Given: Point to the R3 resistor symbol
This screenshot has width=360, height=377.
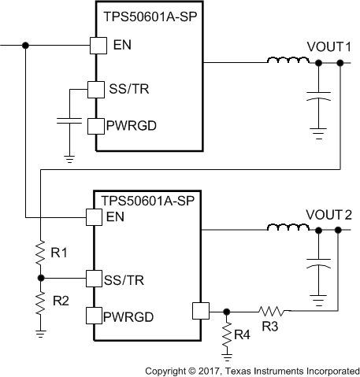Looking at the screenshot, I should pos(271,310).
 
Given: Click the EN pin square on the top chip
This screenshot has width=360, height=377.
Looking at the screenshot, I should pos(96,46).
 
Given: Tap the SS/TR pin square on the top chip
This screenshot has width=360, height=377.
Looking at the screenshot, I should pos(95,91).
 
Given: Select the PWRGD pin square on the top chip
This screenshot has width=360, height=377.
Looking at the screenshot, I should pos(95,125).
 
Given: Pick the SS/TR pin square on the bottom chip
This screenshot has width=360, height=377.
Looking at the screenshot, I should pos(95,278).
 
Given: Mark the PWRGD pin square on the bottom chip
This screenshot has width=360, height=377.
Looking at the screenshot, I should pos(95,316).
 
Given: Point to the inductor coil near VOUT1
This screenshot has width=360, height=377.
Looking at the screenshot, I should pos(282,61).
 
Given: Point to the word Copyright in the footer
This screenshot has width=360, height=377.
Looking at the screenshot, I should pos(167,369).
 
